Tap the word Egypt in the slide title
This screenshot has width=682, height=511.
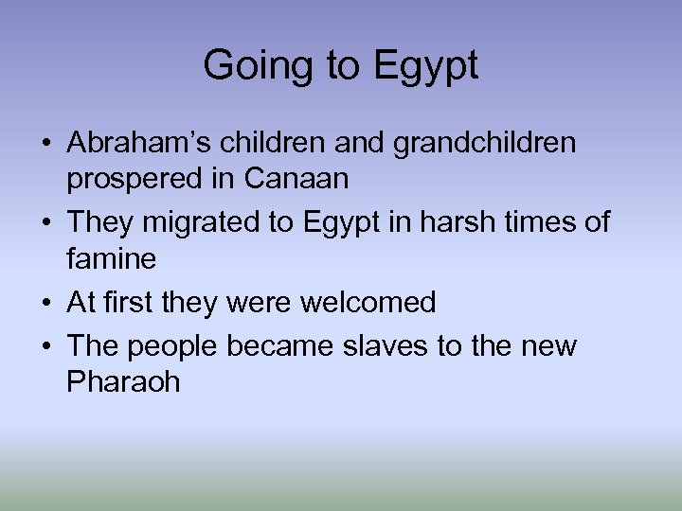click(426, 66)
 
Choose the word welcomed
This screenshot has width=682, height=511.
click(368, 302)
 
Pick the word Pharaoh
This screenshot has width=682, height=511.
click(124, 381)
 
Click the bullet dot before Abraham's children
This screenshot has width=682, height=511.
click(45, 145)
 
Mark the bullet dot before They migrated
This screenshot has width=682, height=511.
click(45, 224)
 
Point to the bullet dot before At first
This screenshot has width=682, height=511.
click(45, 304)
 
